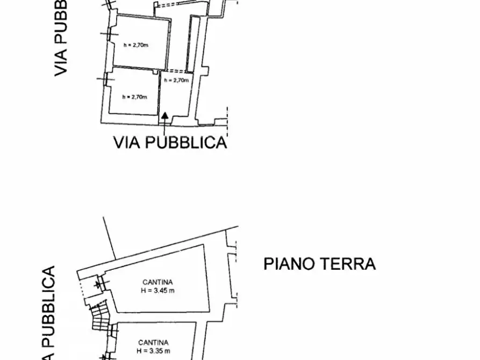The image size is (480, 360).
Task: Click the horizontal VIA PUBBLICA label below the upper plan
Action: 170,142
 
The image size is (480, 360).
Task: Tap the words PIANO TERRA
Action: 319,264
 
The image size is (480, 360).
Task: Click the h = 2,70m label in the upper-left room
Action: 135,46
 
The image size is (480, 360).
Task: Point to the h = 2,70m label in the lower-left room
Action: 134,97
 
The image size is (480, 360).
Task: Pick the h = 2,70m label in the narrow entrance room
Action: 177,80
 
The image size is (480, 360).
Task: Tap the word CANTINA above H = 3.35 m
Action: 153,342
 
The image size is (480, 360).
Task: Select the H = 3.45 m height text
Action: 157,291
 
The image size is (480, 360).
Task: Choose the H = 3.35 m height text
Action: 153,351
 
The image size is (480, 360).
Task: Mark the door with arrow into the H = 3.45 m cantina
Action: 98,283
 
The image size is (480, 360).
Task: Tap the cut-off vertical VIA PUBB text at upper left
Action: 61,38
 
